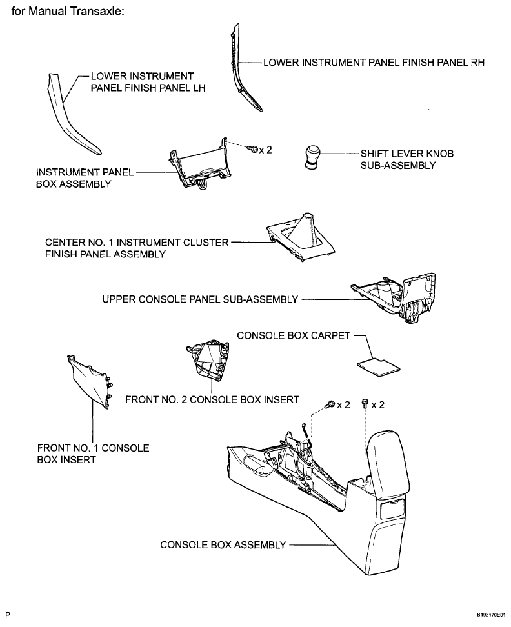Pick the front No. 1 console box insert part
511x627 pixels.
[90, 381]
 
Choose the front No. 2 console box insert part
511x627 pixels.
[208, 359]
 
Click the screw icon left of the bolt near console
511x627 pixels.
[330, 404]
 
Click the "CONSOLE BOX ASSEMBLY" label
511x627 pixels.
[223, 545]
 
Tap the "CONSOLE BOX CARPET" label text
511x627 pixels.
[294, 335]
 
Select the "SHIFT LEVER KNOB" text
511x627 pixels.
[407, 154]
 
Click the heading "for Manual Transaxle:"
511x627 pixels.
[68, 11]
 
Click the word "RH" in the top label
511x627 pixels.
[477, 63]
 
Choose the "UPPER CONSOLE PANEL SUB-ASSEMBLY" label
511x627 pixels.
[200, 299]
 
